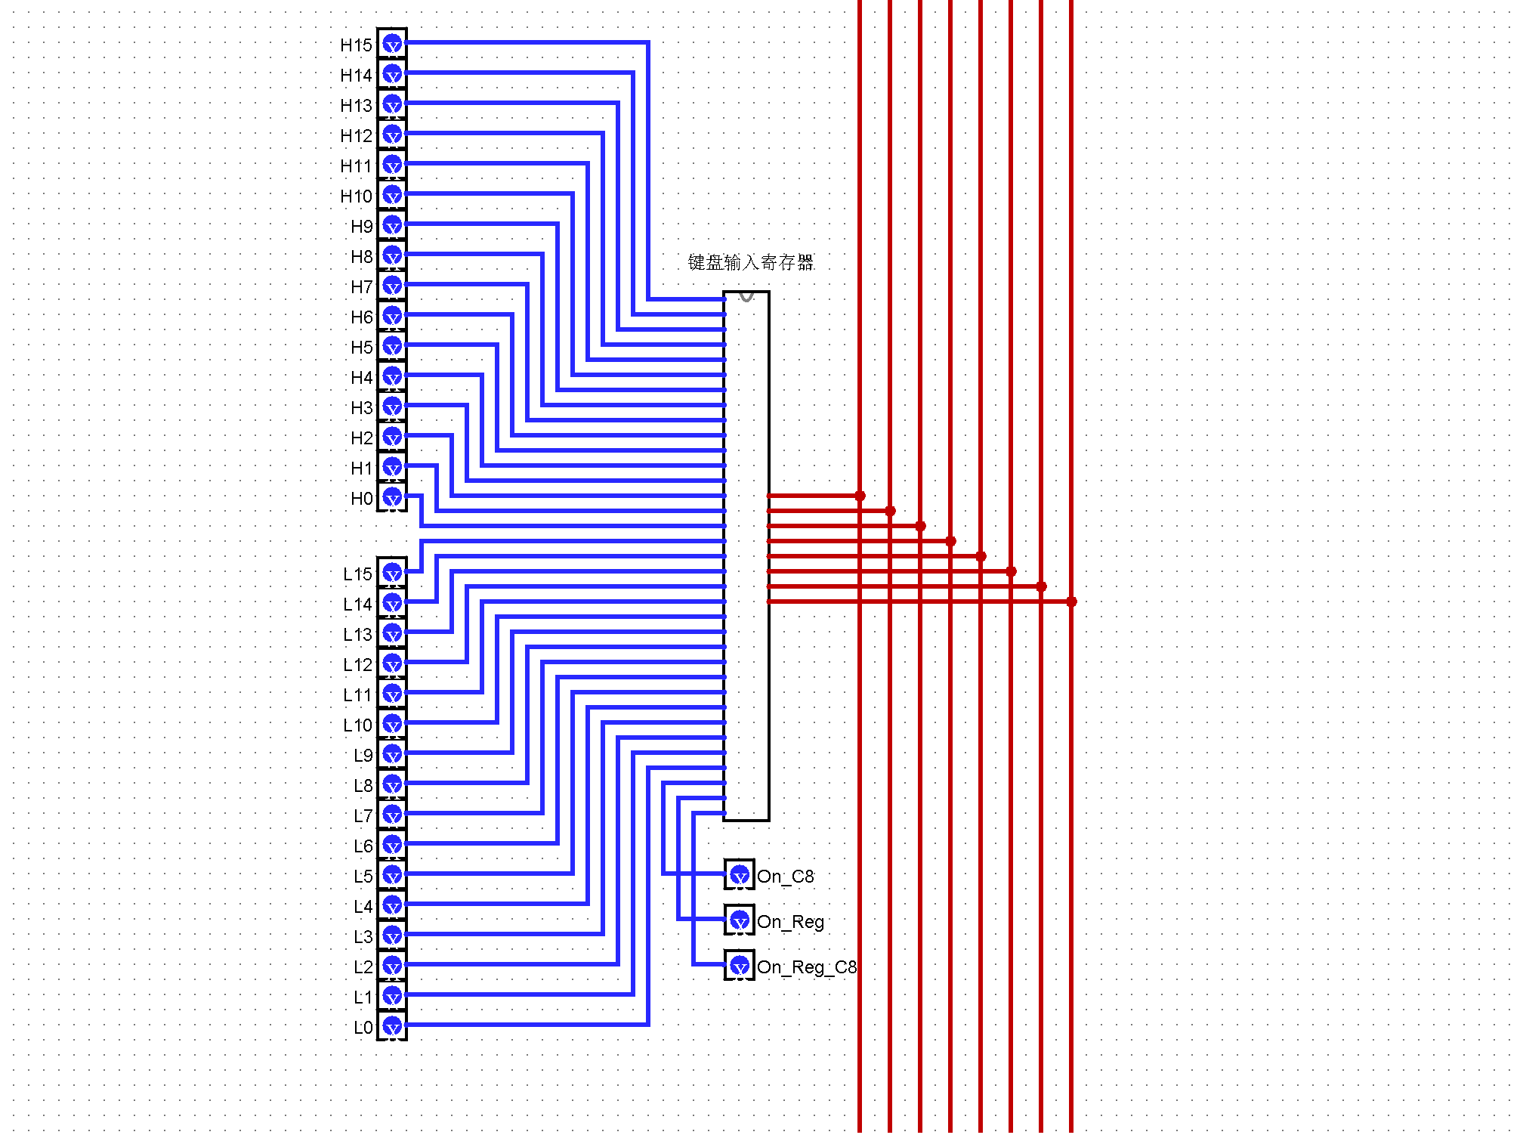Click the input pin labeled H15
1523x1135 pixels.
pos(392,44)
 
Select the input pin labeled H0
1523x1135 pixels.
pos(392,497)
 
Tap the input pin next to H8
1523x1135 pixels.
pos(392,255)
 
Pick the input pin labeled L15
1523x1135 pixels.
pos(392,573)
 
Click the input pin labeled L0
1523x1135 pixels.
pos(392,1026)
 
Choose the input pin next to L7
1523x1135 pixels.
pos(392,815)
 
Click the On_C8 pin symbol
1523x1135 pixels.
pos(740,875)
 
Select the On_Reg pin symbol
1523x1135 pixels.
pos(740,920)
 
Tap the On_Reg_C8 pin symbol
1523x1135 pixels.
pos(740,966)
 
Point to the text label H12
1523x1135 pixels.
pos(356,136)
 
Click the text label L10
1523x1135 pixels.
pos(357,725)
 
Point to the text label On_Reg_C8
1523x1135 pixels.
pos(807,967)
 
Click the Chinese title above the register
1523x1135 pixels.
pos(750,262)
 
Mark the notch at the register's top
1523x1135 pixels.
pos(746,296)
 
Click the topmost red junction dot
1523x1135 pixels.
pos(860,496)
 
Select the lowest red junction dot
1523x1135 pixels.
pos(1071,602)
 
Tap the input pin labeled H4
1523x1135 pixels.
pos(392,376)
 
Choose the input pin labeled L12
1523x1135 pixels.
pos(392,663)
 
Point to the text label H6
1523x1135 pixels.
pos(361,317)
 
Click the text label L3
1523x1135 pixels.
pos(363,937)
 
